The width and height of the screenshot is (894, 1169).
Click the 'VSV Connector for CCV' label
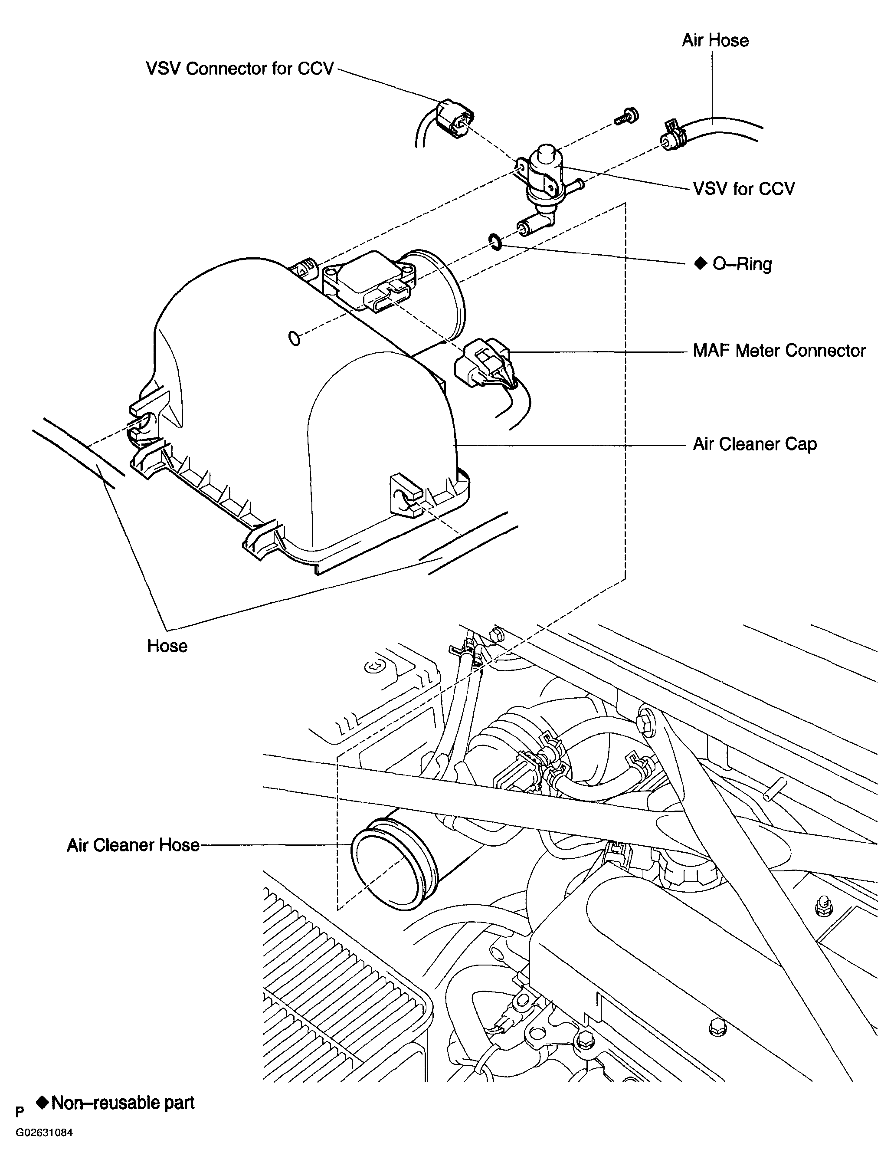[x=240, y=69]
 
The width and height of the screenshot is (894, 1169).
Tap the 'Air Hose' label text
[x=715, y=40]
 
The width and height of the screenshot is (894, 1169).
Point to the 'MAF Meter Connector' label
[x=779, y=351]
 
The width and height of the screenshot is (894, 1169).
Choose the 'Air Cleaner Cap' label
[x=755, y=444]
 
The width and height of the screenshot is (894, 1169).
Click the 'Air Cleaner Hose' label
[x=133, y=845]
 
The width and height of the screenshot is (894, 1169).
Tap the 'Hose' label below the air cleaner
[x=167, y=646]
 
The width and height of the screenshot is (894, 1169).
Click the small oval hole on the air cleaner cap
[x=294, y=338]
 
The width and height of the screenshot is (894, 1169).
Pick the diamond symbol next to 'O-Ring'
[x=700, y=263]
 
